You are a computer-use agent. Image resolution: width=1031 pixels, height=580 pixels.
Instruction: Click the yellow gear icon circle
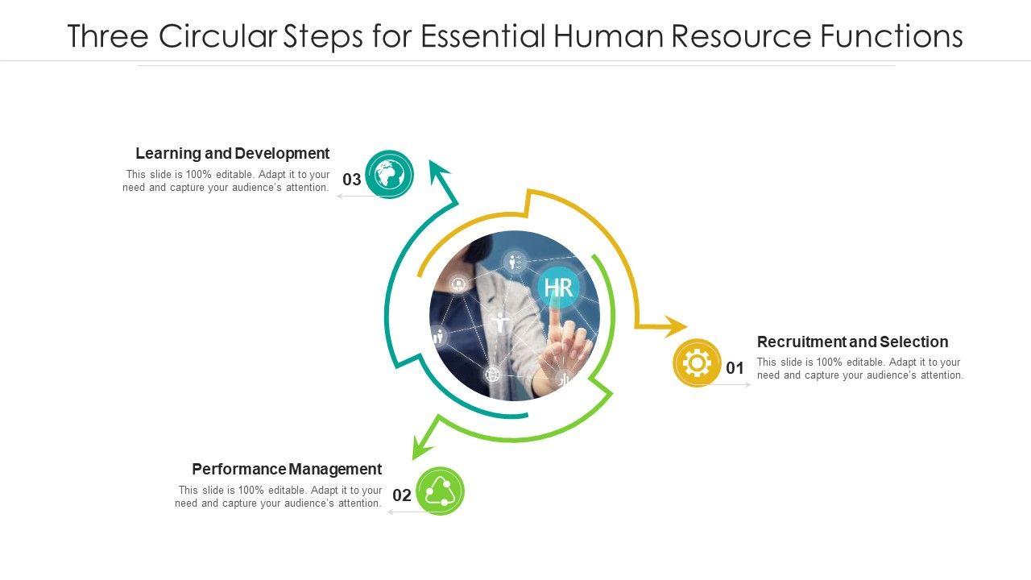pos(697,362)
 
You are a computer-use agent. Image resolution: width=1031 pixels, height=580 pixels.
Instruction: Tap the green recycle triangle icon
pos(441,491)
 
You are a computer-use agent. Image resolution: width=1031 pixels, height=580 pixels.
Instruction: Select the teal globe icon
pos(389,175)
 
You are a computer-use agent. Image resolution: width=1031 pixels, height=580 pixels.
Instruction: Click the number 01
pos(735,368)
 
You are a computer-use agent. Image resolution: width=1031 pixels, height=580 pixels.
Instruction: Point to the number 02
pos(402,495)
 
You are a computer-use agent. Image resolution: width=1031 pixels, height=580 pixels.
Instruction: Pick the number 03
pos(352,180)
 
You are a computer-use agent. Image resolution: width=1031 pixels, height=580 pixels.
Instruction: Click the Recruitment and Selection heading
pos(852,342)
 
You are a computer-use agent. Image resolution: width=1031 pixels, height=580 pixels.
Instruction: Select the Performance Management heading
pos(287,469)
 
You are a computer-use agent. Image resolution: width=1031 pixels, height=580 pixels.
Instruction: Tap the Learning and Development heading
pos(233,153)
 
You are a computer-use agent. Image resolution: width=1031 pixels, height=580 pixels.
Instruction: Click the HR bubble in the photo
pos(558,288)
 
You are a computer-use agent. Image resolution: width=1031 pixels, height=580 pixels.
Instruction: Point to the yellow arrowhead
pos(674,326)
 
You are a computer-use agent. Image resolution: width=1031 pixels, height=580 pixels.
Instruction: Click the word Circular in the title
pos(217,36)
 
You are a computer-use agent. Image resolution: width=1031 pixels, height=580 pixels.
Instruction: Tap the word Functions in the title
pos(892,36)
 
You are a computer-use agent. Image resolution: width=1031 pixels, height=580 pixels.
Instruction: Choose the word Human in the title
pos(607,36)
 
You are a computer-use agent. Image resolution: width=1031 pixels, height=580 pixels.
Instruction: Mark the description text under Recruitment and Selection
pos(859,369)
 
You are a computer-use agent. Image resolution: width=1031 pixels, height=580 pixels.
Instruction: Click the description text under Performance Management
pos(278,497)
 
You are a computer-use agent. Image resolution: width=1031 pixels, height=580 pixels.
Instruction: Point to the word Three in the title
pos(108,36)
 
